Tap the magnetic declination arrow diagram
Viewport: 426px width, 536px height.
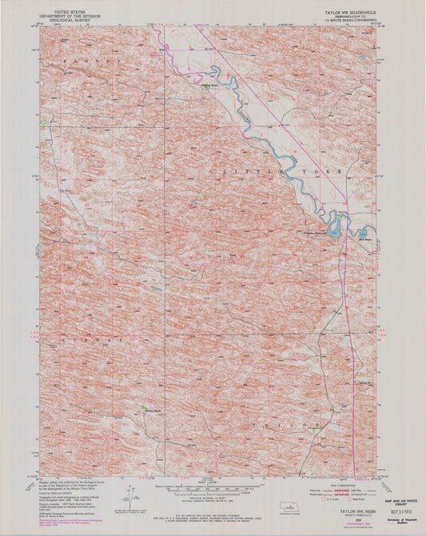point(128,491)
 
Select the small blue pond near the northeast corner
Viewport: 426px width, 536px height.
point(363,58)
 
